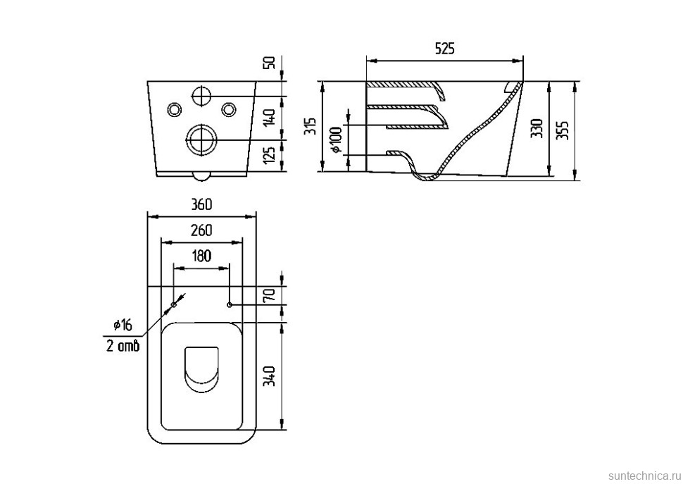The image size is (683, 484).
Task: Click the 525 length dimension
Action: point(445,49)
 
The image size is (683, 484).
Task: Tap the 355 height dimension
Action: point(563,130)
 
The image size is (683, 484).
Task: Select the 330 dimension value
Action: point(537,128)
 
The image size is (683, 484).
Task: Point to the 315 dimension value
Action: point(313,126)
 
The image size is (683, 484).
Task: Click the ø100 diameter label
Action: point(337,140)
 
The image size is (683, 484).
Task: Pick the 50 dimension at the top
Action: point(270,63)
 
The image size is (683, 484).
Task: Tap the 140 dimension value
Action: point(270,118)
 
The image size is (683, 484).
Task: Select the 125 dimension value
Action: point(270,156)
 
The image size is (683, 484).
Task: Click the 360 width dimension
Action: point(201,204)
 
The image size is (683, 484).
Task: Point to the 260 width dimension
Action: point(201,230)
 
